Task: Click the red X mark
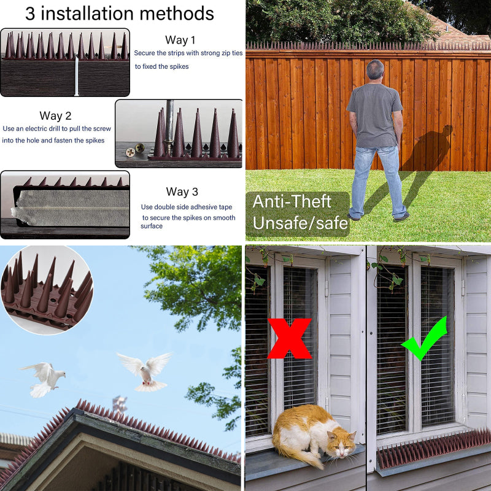pos(290,338)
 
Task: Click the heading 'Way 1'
pos(180,40)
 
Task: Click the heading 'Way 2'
pos(55,116)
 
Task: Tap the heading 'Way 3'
pos(182,191)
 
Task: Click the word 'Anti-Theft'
pos(292,201)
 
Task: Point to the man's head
pos(375,69)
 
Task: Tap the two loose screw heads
pos(134,150)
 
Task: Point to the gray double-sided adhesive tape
pos(71,208)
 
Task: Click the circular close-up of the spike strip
pos(47,290)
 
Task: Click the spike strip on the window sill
pos(433,449)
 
